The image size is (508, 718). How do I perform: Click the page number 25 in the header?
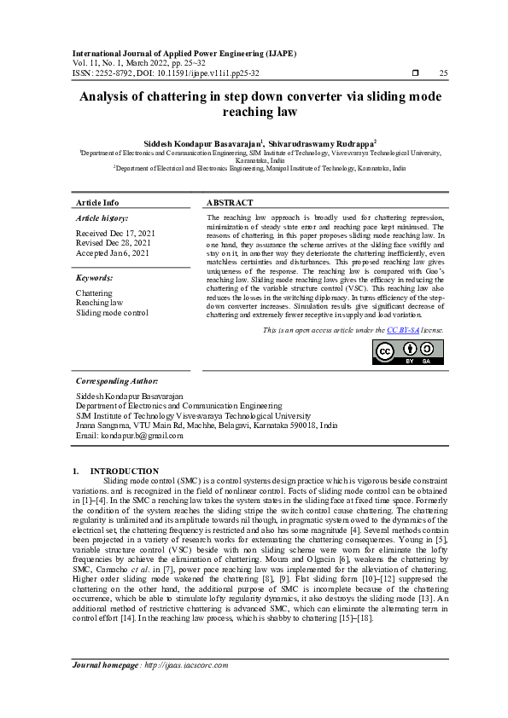tap(443, 74)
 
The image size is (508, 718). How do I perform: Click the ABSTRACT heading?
tap(231, 203)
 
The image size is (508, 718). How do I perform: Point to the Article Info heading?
tap(97, 203)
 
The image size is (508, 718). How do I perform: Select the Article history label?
tap(102, 219)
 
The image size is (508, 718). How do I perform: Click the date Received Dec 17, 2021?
tap(115, 233)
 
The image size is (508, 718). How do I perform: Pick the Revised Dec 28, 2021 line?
tap(114, 243)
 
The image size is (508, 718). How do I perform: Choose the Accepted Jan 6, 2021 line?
tap(113, 253)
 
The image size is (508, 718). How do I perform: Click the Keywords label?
tap(95, 278)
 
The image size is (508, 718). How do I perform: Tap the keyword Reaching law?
tap(99, 303)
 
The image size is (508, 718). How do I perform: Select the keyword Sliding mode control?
tap(112, 313)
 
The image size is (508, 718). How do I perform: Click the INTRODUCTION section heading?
tap(124, 471)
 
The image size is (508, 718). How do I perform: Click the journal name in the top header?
tap(184, 53)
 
